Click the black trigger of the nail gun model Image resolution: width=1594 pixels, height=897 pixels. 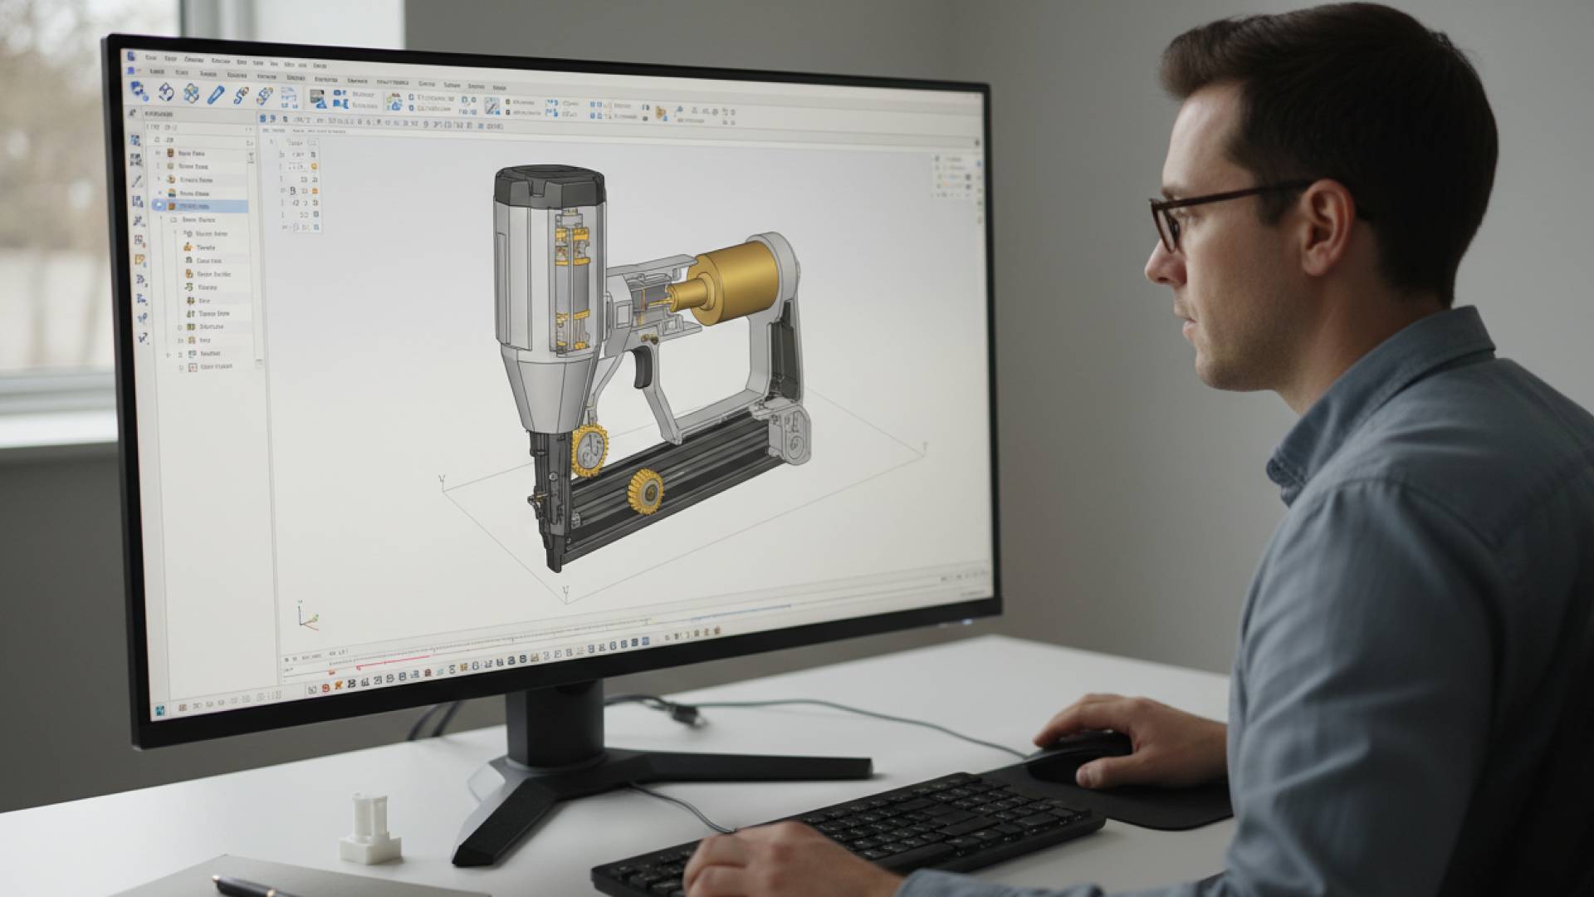642,366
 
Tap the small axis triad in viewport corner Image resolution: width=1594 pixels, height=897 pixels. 307,617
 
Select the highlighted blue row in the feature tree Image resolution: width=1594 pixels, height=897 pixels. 199,206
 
